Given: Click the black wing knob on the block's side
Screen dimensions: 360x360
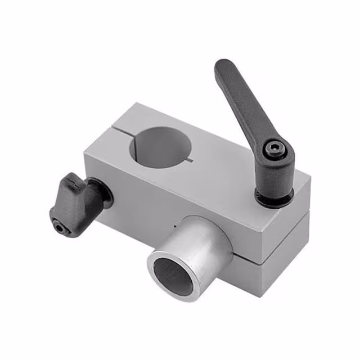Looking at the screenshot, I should (x=76, y=202).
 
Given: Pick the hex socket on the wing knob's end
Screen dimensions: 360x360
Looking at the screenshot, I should (x=61, y=228).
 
